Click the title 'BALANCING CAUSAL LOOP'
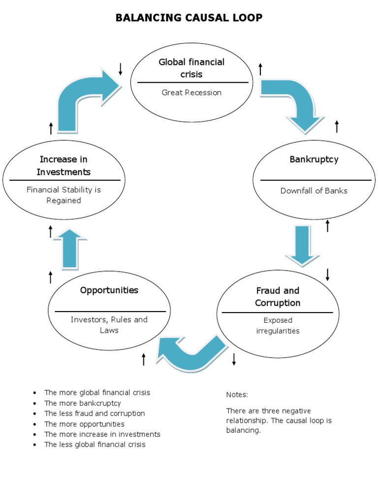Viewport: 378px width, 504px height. pos(189,18)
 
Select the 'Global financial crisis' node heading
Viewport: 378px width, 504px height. pos(191,68)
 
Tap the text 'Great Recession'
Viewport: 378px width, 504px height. pos(191,93)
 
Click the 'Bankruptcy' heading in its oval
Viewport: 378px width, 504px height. pos(314,159)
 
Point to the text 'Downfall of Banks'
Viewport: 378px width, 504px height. pos(314,190)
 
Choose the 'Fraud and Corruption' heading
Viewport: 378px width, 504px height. pos(278,296)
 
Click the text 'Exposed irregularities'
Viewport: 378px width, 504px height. pos(278,325)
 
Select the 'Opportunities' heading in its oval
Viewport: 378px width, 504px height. pos(109,290)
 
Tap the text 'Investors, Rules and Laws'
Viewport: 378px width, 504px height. pos(109,325)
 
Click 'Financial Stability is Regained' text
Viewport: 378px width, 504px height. pos(63,195)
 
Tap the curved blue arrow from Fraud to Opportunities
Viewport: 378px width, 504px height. pos(189,352)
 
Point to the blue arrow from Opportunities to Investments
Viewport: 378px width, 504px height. pos(70,249)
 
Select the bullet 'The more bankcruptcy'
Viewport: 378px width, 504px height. pos(82,403)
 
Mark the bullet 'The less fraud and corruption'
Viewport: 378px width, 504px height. pos(94,413)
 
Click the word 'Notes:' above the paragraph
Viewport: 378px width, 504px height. pos(237,395)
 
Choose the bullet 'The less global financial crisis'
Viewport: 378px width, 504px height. pos(94,444)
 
